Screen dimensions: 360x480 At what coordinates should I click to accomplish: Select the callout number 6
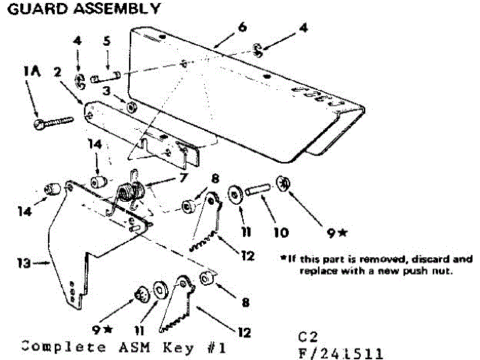point(242,28)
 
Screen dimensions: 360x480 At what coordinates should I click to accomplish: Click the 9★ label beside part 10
point(326,223)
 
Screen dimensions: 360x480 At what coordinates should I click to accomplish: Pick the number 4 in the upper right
point(302,27)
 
